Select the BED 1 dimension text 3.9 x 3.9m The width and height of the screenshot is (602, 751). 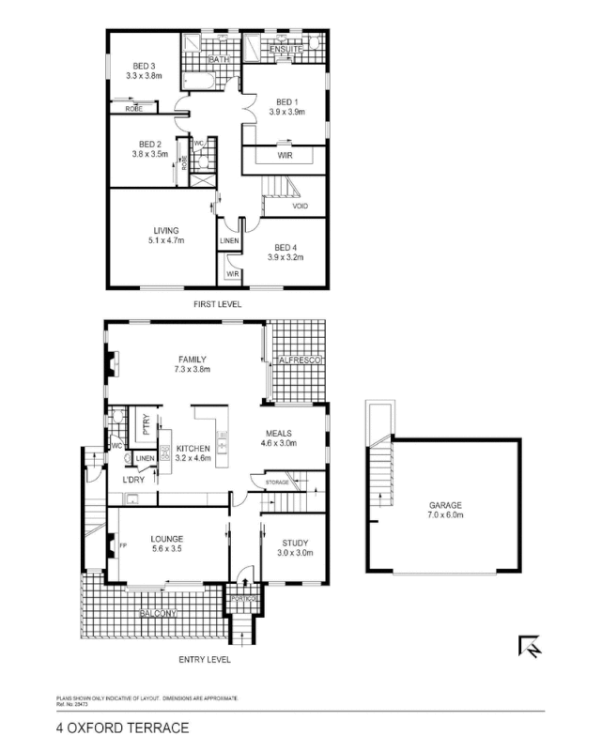pyautogui.click(x=286, y=112)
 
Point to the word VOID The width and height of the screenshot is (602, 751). pyautogui.click(x=301, y=207)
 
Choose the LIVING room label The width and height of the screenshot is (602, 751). pyautogui.click(x=166, y=230)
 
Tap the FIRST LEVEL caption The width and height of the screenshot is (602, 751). pyautogui.click(x=217, y=305)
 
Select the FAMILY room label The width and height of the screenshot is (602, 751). pyautogui.click(x=192, y=359)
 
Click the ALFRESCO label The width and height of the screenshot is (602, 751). pyautogui.click(x=300, y=360)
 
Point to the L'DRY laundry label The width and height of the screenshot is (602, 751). pyautogui.click(x=132, y=480)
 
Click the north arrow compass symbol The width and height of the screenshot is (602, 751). pyautogui.click(x=528, y=647)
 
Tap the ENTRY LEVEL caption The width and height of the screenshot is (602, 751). pyautogui.click(x=204, y=660)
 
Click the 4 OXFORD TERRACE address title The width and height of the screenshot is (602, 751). pyautogui.click(x=122, y=728)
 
